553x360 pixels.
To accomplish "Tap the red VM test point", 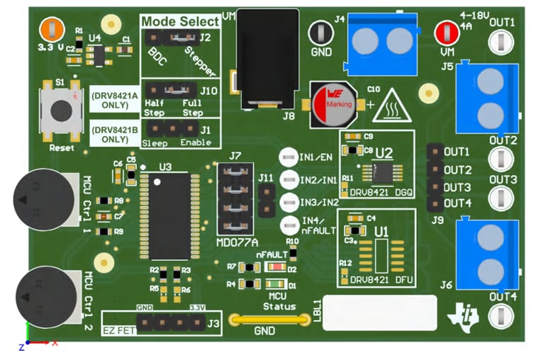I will point(446,32).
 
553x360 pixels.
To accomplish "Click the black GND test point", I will point(320,32).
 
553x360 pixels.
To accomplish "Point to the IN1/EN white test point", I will point(289,157).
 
